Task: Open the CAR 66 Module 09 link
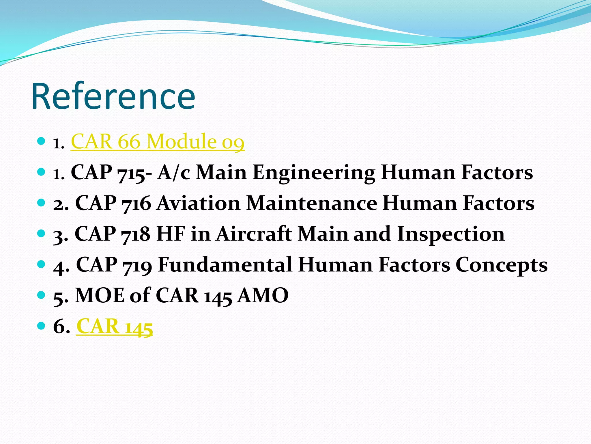tap(158, 142)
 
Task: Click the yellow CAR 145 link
tap(115, 326)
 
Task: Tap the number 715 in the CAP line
tap(131, 173)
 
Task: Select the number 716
tap(136, 203)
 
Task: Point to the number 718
tap(136, 234)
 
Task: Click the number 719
tap(137, 265)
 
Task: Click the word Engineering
tap(314, 173)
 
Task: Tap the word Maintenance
tap(312, 203)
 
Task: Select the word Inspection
tap(451, 234)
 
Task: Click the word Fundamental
tap(225, 265)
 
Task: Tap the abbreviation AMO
tap(263, 295)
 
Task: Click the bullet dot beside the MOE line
tap(42, 295)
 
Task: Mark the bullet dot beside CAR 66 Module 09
tap(42, 141)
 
